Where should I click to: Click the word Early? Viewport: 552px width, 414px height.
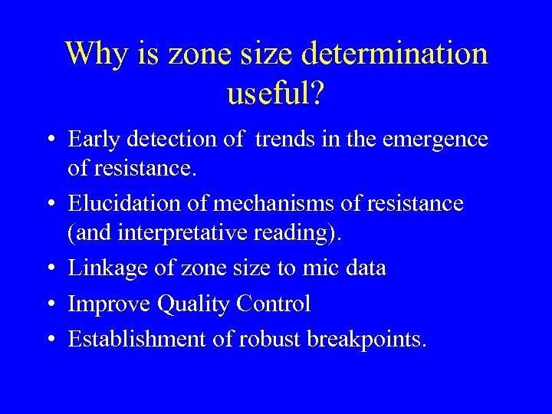pyautogui.click(x=93, y=140)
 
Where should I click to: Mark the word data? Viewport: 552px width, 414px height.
pyautogui.click(x=367, y=268)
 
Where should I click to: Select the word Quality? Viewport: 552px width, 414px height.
pyautogui.click(x=194, y=305)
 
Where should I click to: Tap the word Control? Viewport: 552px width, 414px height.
pyautogui.click(x=274, y=304)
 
